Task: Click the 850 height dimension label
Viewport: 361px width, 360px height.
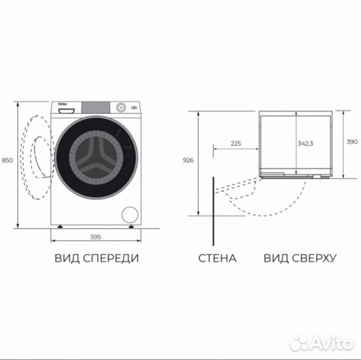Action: (7, 161)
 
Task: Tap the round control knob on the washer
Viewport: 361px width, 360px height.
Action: (121, 107)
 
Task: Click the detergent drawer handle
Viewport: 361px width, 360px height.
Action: (63, 111)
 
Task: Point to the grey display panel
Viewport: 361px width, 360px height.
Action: (95, 107)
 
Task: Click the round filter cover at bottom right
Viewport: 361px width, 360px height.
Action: (131, 214)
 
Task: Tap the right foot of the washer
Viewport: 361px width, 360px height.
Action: (132, 227)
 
